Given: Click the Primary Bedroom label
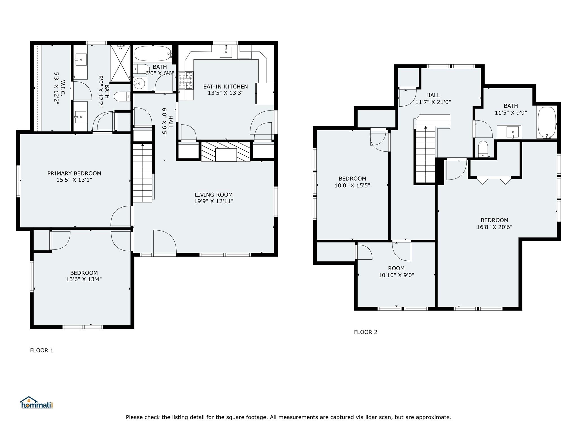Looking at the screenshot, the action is point(74,173).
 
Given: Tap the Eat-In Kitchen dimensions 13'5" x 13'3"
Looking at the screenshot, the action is point(225,93).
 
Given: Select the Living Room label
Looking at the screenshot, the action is point(214,195).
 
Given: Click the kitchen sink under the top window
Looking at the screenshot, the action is point(226,52).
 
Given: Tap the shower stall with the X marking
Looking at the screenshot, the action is point(120,63).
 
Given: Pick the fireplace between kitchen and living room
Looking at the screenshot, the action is point(226,152).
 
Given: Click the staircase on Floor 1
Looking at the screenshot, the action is point(143,173).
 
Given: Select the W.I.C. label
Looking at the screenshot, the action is point(63,88).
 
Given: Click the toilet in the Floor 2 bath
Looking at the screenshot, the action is point(483,149).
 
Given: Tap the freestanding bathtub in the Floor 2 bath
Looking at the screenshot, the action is point(547,123).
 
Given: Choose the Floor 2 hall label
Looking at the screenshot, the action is point(433,95).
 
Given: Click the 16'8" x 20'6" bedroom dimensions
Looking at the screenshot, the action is point(494,227).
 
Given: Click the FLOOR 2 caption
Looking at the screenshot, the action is point(366,332).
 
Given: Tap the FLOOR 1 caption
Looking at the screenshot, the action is point(42,350).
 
